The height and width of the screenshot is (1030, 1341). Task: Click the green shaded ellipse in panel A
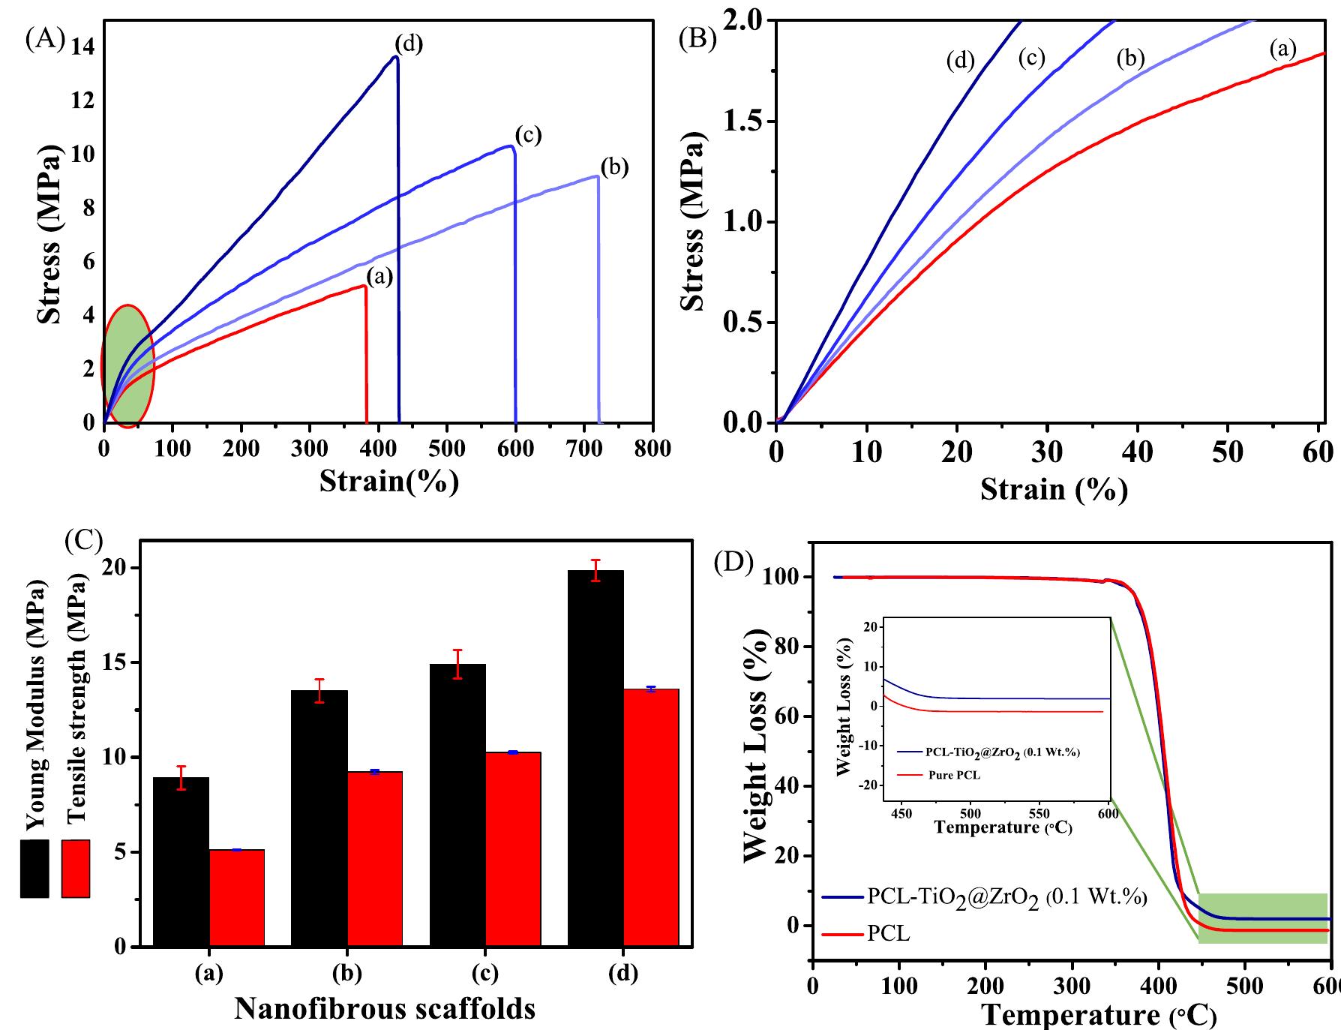(x=127, y=366)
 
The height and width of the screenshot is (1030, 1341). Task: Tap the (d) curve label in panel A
(x=409, y=44)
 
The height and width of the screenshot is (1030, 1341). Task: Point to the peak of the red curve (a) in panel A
(x=364, y=286)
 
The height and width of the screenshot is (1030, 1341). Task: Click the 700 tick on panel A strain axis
(x=584, y=449)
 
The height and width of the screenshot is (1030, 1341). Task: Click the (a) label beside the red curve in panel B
(x=1282, y=50)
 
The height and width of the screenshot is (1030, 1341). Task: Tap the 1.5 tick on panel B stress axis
(x=742, y=122)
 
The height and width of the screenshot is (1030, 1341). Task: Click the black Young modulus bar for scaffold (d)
(x=595, y=758)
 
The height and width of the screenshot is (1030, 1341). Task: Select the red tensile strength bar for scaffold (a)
(x=236, y=897)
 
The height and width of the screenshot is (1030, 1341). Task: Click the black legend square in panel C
(x=34, y=868)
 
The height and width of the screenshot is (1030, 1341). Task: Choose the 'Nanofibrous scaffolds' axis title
(x=385, y=1009)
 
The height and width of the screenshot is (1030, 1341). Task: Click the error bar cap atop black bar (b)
(x=319, y=679)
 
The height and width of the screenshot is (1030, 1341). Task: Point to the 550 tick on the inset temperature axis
(x=1039, y=813)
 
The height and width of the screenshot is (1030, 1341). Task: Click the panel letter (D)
(x=732, y=563)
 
